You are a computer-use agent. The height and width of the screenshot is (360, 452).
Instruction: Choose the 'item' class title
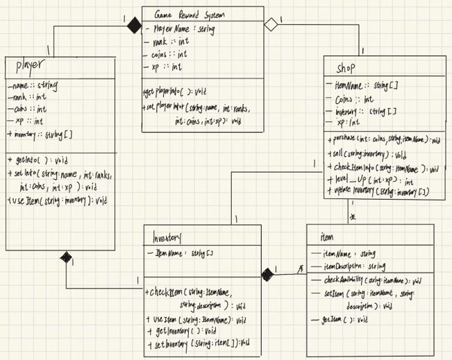coord(326,237)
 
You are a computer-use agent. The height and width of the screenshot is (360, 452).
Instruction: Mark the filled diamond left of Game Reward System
coord(132,27)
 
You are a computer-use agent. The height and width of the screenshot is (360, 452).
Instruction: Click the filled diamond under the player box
coord(67,259)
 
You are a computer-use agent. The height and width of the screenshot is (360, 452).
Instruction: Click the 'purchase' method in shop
coord(381,139)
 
